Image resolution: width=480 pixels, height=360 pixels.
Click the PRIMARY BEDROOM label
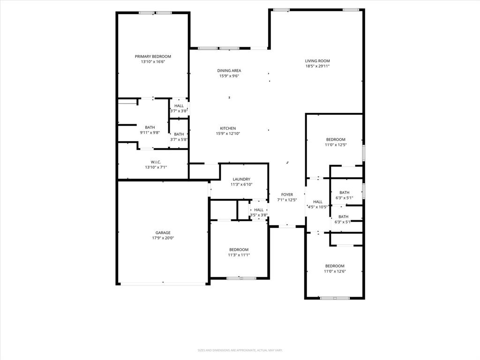153,56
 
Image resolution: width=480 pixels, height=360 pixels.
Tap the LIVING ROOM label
317,60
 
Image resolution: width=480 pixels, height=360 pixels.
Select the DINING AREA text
229,70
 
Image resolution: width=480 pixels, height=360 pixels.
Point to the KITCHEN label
228,128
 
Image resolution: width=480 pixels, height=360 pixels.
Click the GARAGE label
163,232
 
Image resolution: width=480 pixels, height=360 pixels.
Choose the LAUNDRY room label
241,179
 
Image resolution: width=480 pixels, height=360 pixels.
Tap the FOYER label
287,195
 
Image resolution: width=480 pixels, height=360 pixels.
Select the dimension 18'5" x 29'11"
317,66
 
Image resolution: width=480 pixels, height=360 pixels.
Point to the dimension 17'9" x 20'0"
163,238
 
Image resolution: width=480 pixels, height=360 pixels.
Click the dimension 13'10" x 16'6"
153,61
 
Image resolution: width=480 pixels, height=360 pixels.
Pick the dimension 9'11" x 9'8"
150,133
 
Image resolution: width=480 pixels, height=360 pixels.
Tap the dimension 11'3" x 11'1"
239,255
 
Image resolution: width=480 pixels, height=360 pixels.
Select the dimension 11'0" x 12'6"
335,271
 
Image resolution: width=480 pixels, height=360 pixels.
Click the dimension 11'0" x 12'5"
336,145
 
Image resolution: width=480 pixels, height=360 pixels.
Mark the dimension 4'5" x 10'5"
317,207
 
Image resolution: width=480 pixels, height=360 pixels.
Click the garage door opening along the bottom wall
163,284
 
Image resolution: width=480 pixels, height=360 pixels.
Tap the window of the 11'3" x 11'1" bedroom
241,278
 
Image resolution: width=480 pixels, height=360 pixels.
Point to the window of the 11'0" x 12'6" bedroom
335,298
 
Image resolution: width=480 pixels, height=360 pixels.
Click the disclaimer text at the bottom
240,350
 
